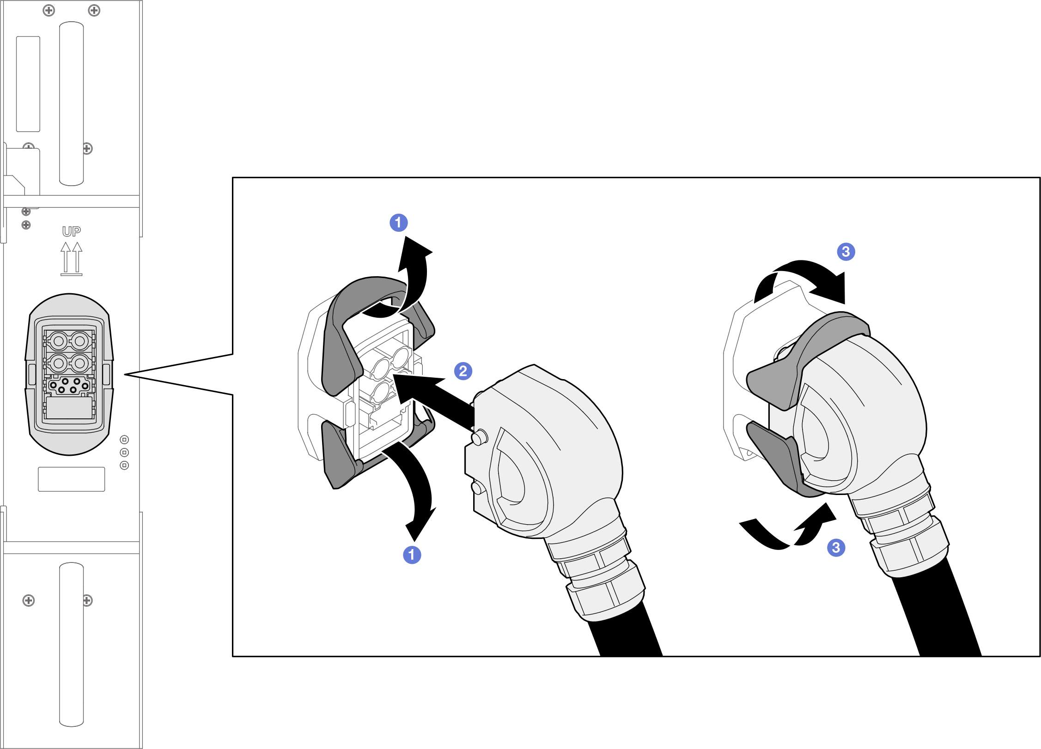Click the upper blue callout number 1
398,223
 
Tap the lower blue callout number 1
412,555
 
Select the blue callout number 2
463,371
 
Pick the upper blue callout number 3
846,252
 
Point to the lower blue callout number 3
836,548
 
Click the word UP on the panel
72,231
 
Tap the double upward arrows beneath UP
72,259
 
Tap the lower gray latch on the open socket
342,455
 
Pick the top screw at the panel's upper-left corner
49,10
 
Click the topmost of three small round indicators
124,440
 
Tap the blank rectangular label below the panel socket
72,479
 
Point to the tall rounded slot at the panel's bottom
72,645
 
